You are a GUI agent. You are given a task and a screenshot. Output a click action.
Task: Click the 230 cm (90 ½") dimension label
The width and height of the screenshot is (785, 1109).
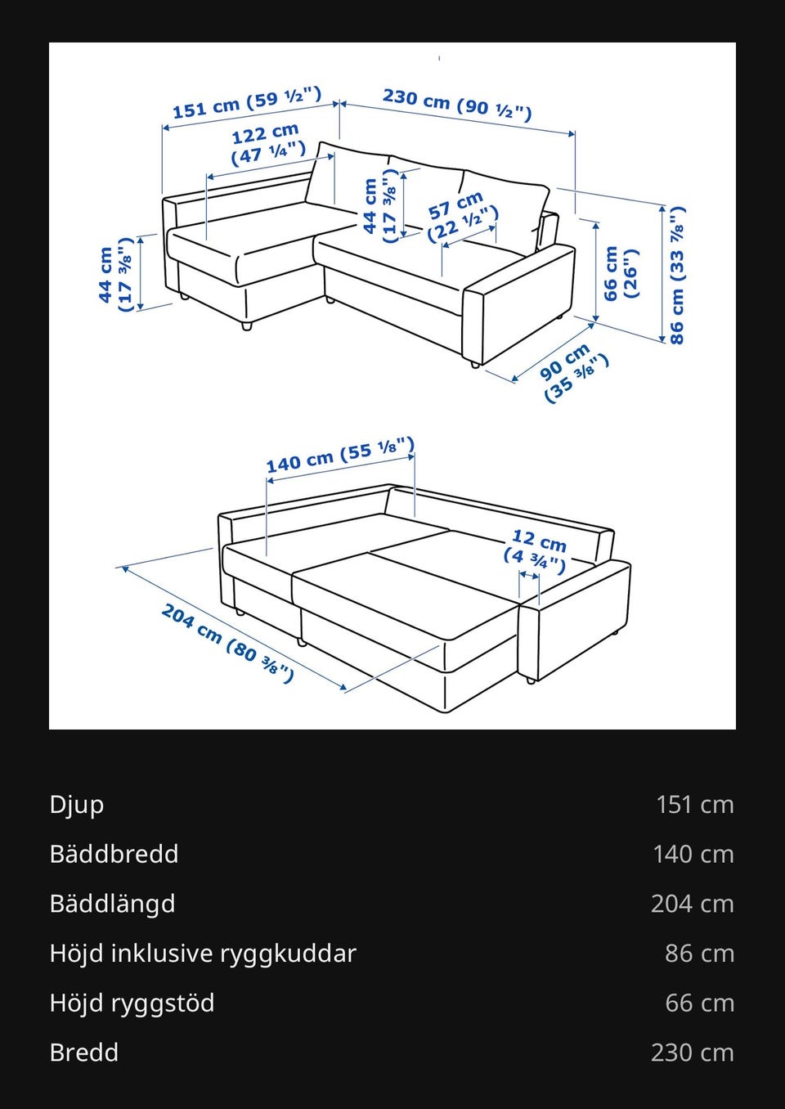457,105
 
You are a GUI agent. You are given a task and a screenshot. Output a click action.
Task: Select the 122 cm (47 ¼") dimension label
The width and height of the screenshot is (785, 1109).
267,144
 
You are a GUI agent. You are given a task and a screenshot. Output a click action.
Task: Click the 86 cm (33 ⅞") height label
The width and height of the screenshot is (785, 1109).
677,275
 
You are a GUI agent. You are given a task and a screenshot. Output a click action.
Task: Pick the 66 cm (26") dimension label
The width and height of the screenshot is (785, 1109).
621,273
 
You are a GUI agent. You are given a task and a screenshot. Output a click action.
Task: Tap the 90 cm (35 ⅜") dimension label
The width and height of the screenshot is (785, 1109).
573,371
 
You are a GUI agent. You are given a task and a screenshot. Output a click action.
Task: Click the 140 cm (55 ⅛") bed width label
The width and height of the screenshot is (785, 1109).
340,455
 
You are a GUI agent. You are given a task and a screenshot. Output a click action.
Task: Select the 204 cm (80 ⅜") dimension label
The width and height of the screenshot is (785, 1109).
227,643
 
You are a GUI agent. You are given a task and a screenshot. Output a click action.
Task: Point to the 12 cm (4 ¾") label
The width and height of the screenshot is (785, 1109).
536,551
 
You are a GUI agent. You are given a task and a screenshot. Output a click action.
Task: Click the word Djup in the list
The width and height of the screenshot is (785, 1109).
77,806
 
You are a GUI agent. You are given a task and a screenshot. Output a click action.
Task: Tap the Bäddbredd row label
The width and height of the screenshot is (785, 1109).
114,854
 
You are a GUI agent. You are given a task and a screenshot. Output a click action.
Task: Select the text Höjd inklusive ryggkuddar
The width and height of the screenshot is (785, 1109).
203,954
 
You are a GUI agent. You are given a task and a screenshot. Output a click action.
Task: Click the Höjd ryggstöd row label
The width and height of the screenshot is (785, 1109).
132,1003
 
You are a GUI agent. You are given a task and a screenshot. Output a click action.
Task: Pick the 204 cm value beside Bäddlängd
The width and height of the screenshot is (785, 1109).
693,904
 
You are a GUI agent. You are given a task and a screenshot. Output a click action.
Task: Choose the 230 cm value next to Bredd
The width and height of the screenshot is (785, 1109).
693,1053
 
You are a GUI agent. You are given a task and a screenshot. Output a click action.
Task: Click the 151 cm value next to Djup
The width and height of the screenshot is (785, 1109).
695,805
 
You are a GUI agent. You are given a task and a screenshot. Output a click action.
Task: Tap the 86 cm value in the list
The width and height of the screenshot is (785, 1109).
699,954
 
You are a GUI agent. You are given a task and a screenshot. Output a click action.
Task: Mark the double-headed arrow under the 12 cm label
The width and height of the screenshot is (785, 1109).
529,576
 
